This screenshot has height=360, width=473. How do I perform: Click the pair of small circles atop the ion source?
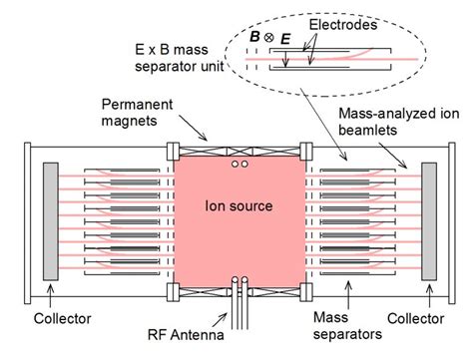(237, 163)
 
